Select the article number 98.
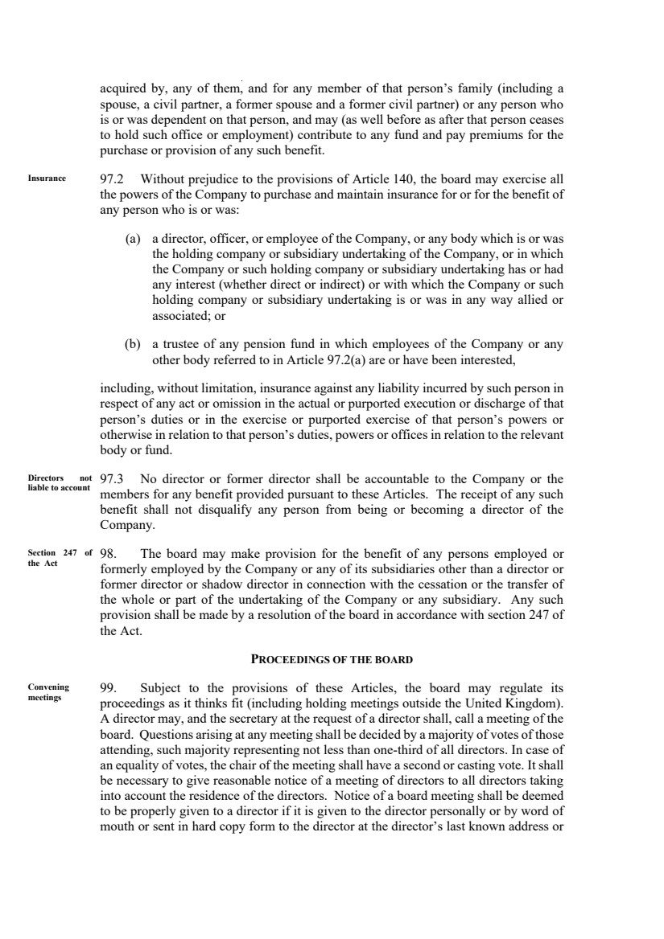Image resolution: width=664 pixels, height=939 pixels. click(x=107, y=553)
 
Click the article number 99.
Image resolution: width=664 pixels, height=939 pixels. click(x=107, y=687)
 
